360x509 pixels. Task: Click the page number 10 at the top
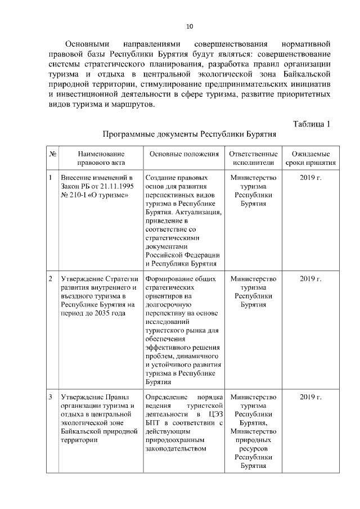[189, 26]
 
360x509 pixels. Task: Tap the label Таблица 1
[312, 124]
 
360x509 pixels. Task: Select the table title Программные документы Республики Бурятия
[189, 136]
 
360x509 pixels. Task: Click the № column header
[52, 154]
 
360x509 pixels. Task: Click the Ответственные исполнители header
[253, 159]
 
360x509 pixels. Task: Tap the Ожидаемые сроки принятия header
[310, 159]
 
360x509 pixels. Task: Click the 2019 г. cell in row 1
[310, 178]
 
